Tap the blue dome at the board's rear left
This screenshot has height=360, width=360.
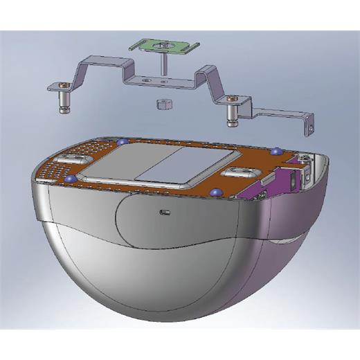coord(122,142)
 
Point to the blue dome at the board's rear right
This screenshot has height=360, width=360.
coord(276,151)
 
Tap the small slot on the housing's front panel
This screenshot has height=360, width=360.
coord(165,210)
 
